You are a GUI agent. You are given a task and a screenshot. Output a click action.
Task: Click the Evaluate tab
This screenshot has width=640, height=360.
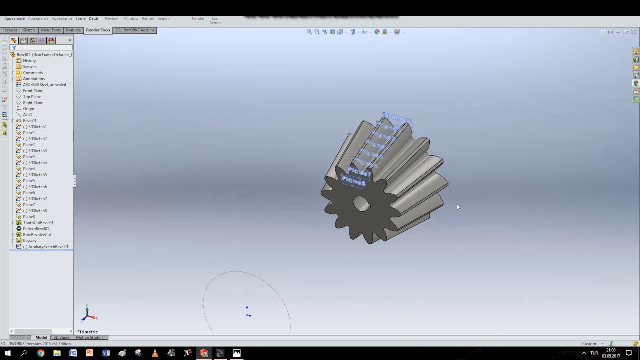pyautogui.click(x=73, y=30)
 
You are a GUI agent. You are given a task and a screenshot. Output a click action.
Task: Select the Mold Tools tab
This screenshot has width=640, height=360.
pyautogui.click(x=51, y=30)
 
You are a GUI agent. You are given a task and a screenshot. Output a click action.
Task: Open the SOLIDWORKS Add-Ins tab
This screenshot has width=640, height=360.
pyautogui.click(x=135, y=30)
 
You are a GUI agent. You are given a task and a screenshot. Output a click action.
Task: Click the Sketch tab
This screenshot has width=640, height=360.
pyautogui.click(x=29, y=30)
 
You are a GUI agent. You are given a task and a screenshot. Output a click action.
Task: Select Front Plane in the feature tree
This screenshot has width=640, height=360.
pyautogui.click(x=33, y=91)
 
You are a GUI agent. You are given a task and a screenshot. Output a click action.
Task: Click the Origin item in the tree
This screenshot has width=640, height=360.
pyautogui.click(x=28, y=109)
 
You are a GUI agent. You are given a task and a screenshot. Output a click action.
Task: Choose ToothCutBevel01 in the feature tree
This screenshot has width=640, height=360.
pyautogui.click(x=38, y=223)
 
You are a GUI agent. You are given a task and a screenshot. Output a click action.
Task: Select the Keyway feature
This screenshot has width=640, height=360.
pyautogui.click(x=29, y=241)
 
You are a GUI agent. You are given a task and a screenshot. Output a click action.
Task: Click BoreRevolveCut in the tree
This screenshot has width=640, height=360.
pyautogui.click(x=37, y=235)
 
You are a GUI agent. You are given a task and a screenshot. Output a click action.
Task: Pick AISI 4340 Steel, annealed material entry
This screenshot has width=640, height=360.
pyautogui.click(x=44, y=85)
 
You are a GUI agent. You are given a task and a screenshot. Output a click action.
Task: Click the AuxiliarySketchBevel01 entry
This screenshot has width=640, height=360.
pyautogui.click(x=48, y=247)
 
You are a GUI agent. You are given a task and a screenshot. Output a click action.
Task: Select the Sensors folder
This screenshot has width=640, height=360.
pyautogui.click(x=29, y=67)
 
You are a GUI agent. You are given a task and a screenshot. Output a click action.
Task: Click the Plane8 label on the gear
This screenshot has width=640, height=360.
pyautogui.click(x=354, y=182)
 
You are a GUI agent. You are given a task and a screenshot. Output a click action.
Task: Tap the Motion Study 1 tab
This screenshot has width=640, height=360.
pyautogui.click(x=89, y=337)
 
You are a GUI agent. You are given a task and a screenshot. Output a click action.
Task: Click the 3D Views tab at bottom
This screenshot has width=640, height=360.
pyautogui.click(x=61, y=337)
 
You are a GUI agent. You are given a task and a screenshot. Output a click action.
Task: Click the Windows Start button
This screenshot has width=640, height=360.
pyautogui.click(x=7, y=353)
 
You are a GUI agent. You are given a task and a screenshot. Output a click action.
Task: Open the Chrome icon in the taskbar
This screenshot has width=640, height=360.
pyautogui.click(x=40, y=353)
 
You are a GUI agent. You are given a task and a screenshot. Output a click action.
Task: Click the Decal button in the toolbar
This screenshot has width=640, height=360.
pyautogui.click(x=93, y=19)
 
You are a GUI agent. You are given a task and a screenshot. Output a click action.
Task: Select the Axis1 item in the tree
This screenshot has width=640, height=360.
pyautogui.click(x=27, y=115)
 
